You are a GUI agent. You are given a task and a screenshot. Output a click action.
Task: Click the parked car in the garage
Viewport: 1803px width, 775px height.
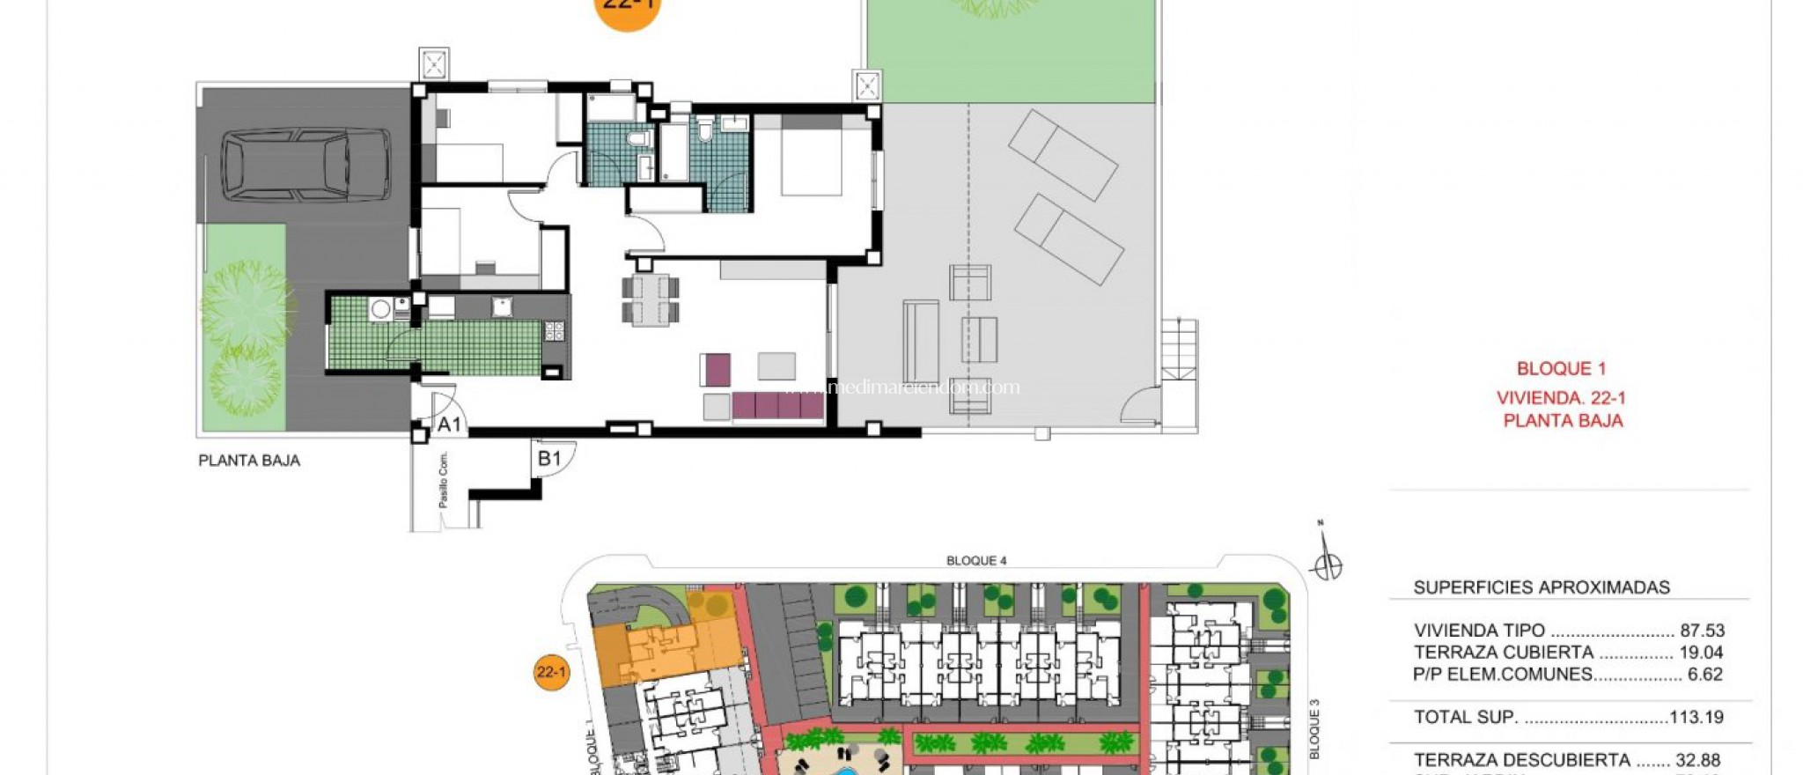coord(305,165)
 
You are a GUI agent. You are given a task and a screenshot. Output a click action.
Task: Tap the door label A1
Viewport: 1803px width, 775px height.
coord(449,424)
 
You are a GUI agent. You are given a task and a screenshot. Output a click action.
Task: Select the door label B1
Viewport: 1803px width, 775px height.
coord(549,458)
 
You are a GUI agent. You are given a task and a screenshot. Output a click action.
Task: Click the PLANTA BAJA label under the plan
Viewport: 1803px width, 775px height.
coord(249,461)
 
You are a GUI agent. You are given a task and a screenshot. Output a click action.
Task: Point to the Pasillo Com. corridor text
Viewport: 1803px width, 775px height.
coord(443,480)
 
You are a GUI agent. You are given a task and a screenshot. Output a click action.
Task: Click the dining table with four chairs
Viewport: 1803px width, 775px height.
coord(651,299)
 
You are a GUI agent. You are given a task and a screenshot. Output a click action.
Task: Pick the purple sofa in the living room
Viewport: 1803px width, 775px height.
coord(777,406)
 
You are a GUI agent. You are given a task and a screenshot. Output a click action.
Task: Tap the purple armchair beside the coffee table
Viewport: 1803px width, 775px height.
coord(717,369)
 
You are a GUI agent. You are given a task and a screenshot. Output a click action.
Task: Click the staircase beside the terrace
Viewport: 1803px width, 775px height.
coord(1179,351)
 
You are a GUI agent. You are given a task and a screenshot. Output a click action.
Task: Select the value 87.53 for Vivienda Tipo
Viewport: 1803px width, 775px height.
coord(1702,631)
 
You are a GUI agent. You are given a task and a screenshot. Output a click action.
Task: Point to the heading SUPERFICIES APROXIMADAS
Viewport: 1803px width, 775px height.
coord(1542,587)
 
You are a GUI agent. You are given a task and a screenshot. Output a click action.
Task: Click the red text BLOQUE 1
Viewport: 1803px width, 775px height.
coord(1562,369)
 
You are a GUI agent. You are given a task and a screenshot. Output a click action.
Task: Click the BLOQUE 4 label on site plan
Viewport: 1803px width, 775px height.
coord(976,561)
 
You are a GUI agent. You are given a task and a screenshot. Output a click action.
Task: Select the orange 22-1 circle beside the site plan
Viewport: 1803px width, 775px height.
coord(552,673)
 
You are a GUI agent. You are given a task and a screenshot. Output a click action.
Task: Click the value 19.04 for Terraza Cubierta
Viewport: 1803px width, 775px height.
coord(1702,653)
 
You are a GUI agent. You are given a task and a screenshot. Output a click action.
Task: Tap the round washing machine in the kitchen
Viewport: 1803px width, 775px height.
coord(380,309)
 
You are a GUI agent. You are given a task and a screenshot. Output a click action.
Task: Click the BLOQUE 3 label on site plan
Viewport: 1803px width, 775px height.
coord(1314,729)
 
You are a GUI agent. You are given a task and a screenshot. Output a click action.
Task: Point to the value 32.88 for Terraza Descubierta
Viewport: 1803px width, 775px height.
coord(1699,759)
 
